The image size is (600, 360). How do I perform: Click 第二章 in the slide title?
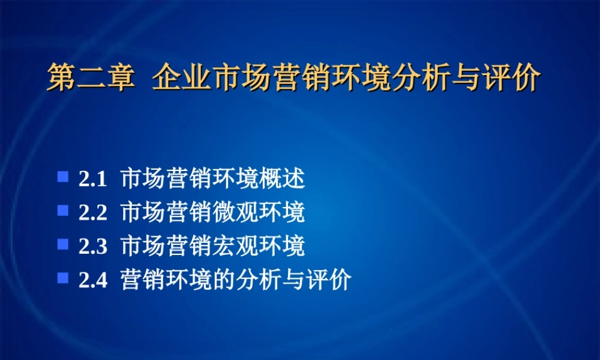90,79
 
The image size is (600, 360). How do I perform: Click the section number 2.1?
92,179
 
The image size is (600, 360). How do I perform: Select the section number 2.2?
92,213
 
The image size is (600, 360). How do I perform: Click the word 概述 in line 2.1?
287,179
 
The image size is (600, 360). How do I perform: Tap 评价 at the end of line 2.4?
332,280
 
